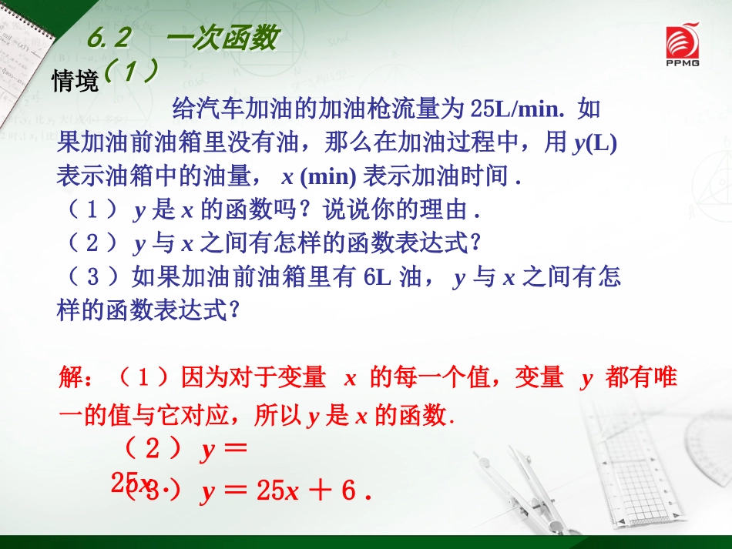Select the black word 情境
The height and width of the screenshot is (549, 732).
pyautogui.click(x=75, y=81)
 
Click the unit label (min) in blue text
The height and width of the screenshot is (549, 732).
pyautogui.click(x=327, y=176)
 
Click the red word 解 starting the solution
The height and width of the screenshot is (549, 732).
pyautogui.click(x=70, y=379)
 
